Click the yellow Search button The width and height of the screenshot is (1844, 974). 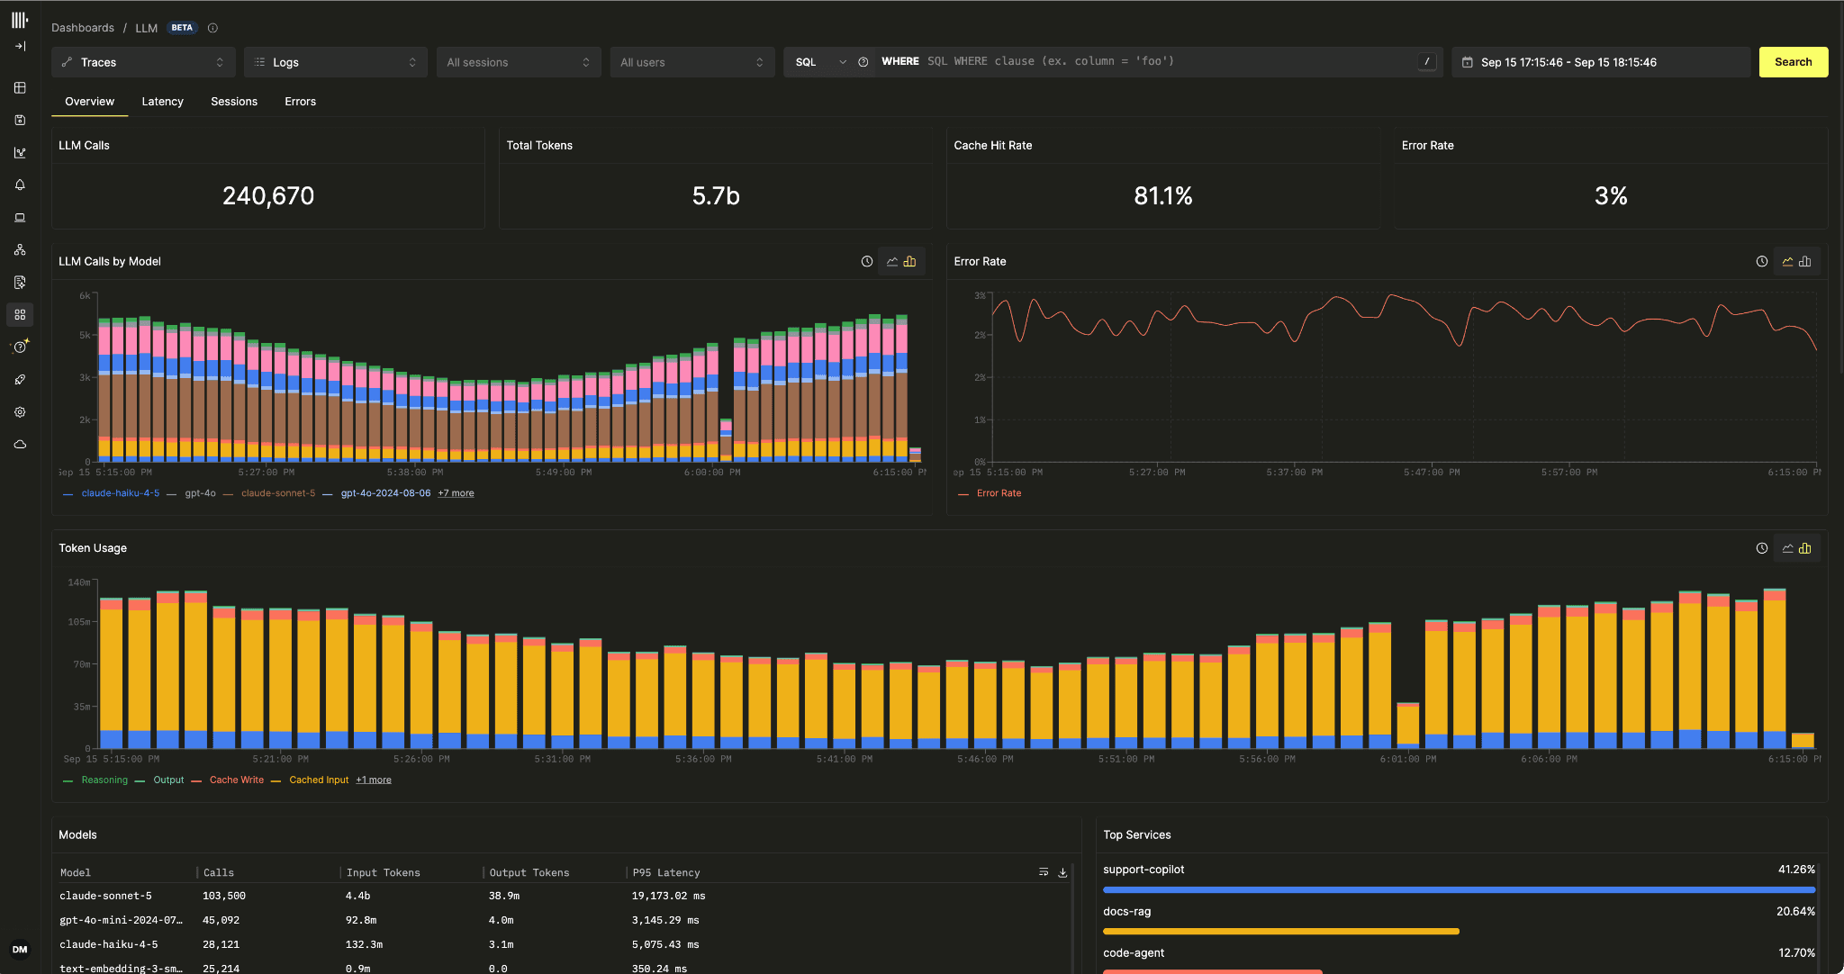[1793, 62]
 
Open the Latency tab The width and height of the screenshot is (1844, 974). [162, 102]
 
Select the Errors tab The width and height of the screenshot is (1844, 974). [300, 102]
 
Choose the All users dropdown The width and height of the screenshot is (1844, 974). [691, 62]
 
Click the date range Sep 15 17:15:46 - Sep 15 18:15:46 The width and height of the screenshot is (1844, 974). [1568, 62]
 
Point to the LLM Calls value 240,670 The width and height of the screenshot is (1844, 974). [268, 196]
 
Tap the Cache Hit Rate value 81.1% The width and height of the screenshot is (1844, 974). [1163, 196]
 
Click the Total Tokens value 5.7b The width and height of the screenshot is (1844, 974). [716, 196]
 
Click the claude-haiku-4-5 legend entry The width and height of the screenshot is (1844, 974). [120, 493]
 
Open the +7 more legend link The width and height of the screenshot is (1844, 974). [456, 493]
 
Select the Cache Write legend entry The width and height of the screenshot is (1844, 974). [237, 780]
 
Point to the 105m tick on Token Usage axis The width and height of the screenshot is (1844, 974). [79, 622]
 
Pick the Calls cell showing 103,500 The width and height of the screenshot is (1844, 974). [224, 896]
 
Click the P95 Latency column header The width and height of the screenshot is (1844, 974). [666, 872]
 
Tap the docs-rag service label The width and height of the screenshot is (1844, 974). [1127, 911]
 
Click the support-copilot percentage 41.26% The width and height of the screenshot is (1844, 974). [1796, 870]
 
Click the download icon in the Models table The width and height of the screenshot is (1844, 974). [1062, 872]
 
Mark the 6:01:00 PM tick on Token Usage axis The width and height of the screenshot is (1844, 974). [1408, 760]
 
